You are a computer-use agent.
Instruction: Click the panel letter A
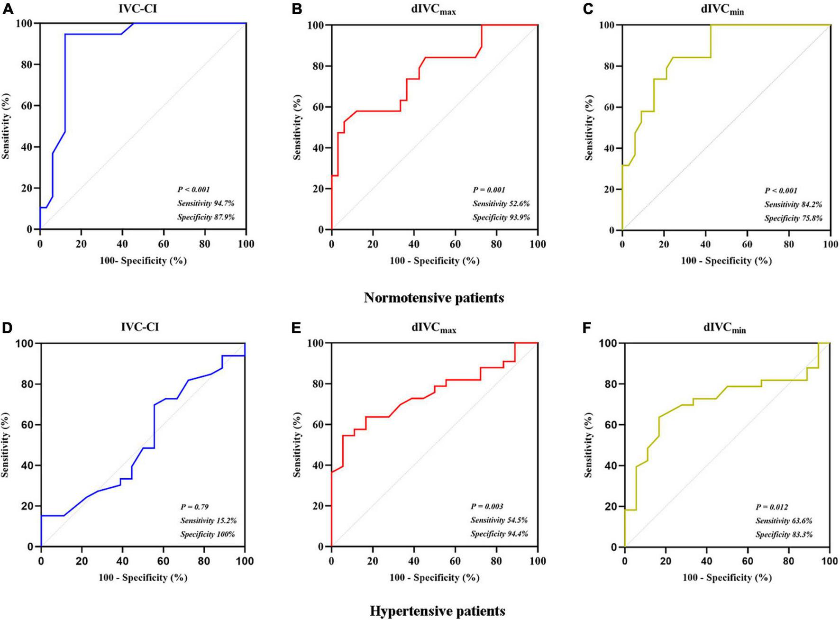pyautogui.click(x=8, y=9)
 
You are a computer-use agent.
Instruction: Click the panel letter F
pyautogui.click(x=587, y=328)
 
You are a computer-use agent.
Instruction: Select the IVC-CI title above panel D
pyautogui.click(x=139, y=327)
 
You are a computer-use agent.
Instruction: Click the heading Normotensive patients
pyautogui.click(x=434, y=298)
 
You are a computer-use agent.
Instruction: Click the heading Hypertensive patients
pyautogui.click(x=437, y=611)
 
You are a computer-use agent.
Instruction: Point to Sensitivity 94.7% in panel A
pyautogui.click(x=206, y=203)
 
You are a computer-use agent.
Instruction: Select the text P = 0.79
pyautogui.click(x=194, y=507)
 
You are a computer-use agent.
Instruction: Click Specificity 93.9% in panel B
pyautogui.click(x=501, y=217)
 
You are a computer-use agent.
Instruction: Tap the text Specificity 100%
pyautogui.click(x=207, y=534)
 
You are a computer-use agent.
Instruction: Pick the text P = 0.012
pyautogui.click(x=772, y=507)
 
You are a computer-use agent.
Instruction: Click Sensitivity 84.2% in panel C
pyautogui.click(x=793, y=204)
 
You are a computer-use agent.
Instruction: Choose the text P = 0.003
pyautogui.click(x=487, y=506)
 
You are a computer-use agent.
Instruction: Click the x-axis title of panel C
pyautogui.click(x=726, y=261)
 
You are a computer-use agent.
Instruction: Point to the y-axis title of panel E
pyautogui.click(x=297, y=444)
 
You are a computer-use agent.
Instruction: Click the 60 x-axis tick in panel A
pyautogui.click(x=164, y=245)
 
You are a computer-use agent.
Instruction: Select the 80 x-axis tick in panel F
pyautogui.click(x=789, y=562)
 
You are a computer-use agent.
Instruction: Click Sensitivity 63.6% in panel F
pyautogui.click(x=784, y=520)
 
